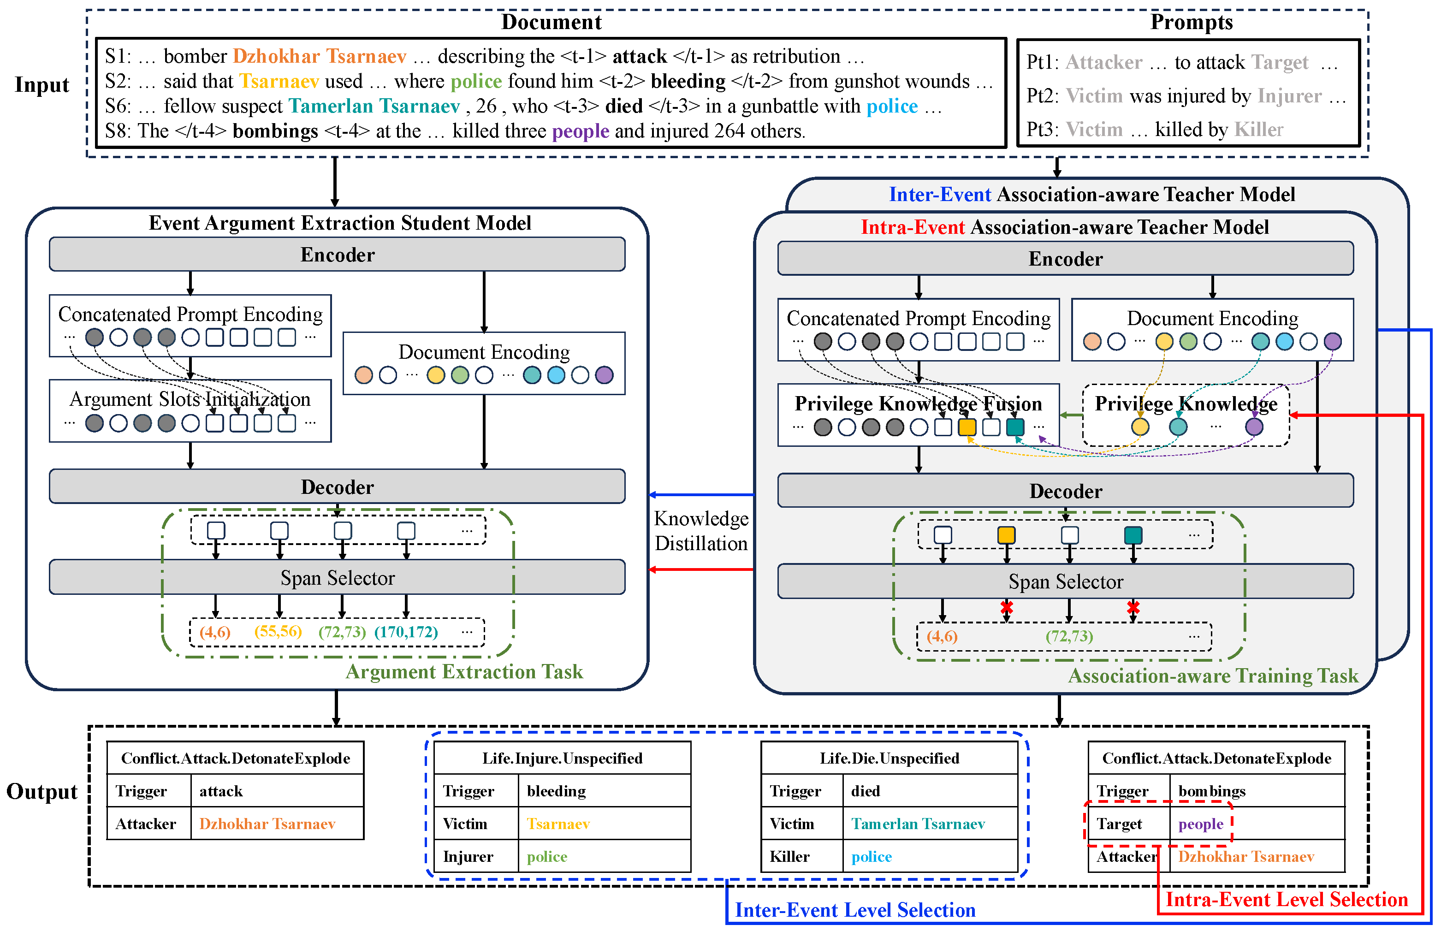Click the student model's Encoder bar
coord(337,255)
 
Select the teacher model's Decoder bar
coord(1065,491)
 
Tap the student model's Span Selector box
coord(337,578)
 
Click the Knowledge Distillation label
coord(701,531)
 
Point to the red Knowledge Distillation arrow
coord(701,569)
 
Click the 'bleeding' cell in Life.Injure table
coord(556,791)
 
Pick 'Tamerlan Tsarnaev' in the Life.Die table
coord(918,824)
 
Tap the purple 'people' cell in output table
coord(1200,824)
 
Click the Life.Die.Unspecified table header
coord(889,758)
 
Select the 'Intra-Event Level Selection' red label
coord(1286,900)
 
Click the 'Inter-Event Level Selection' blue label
coord(855,910)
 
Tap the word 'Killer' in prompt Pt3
coord(1258,130)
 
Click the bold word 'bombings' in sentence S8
coord(275,131)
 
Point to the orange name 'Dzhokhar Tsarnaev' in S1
coord(319,56)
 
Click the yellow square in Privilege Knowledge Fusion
coord(967,427)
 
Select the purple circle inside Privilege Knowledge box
coord(1254,427)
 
